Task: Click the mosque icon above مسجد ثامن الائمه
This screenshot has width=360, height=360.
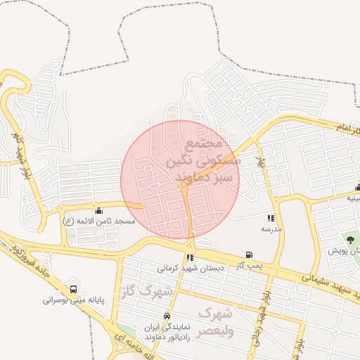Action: coord(98,210)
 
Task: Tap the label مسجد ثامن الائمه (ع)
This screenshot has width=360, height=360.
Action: coord(98,221)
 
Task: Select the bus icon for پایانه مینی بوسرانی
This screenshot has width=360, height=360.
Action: coord(74,289)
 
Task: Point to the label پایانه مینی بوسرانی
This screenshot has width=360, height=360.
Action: coord(73,300)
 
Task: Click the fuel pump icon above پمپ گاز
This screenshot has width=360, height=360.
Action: coord(248,255)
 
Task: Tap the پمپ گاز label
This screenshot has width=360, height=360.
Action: coord(249,265)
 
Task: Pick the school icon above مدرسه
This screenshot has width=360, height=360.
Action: coord(271,219)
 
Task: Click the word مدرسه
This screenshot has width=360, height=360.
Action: coord(271,229)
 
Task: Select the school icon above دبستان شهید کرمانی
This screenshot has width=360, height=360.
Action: coord(191,257)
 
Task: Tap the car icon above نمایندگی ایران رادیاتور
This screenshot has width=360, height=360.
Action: coord(167,316)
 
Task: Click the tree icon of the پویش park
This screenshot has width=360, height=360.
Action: coord(351,240)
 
